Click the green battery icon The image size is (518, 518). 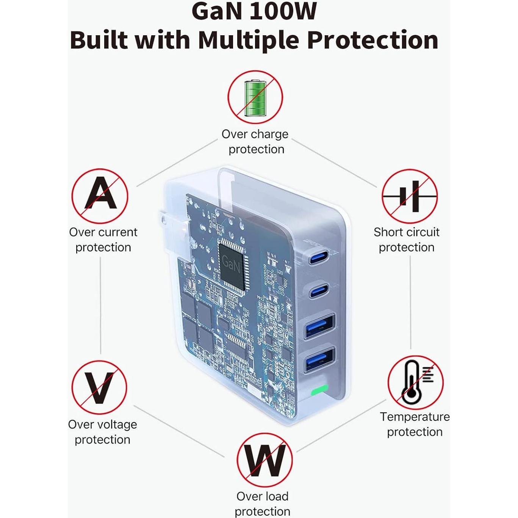point(255,97)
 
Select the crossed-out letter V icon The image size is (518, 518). point(99,387)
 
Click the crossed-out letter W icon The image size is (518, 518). point(264,460)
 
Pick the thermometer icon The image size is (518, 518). point(415,383)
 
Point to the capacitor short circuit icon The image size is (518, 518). point(409,196)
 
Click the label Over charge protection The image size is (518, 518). point(255,141)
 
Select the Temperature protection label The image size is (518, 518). point(415,424)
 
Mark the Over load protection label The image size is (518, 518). point(262,504)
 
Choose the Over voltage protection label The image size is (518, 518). point(102,432)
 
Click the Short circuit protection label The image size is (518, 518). point(406,239)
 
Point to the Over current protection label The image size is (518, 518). point(103,239)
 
